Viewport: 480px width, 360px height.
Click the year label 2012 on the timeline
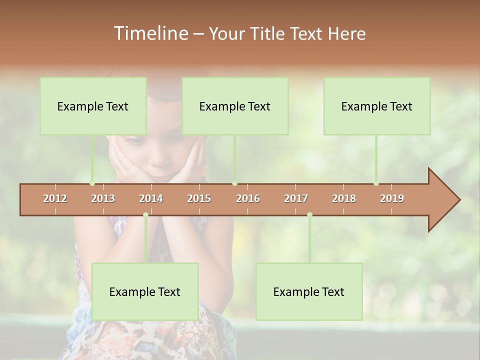(55, 198)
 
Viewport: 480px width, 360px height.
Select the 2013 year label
(103, 198)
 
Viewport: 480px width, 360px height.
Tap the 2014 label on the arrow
(151, 198)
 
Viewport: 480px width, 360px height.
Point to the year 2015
(199, 198)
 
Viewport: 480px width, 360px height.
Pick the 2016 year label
(248, 198)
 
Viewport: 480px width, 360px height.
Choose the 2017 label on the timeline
(296, 198)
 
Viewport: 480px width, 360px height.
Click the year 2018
(344, 198)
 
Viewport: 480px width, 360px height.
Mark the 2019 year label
(392, 198)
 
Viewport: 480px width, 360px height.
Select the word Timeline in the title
(150, 33)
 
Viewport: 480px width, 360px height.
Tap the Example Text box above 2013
(93, 106)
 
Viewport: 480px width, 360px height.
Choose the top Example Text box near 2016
(235, 106)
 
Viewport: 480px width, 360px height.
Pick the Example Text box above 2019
(377, 106)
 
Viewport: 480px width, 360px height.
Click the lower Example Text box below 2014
(145, 291)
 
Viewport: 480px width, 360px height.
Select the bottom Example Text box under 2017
(309, 291)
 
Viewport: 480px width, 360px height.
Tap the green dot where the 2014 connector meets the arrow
(145, 215)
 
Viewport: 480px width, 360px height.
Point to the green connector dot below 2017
(309, 215)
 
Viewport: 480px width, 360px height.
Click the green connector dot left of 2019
(376, 183)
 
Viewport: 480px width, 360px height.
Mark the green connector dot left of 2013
(92, 183)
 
